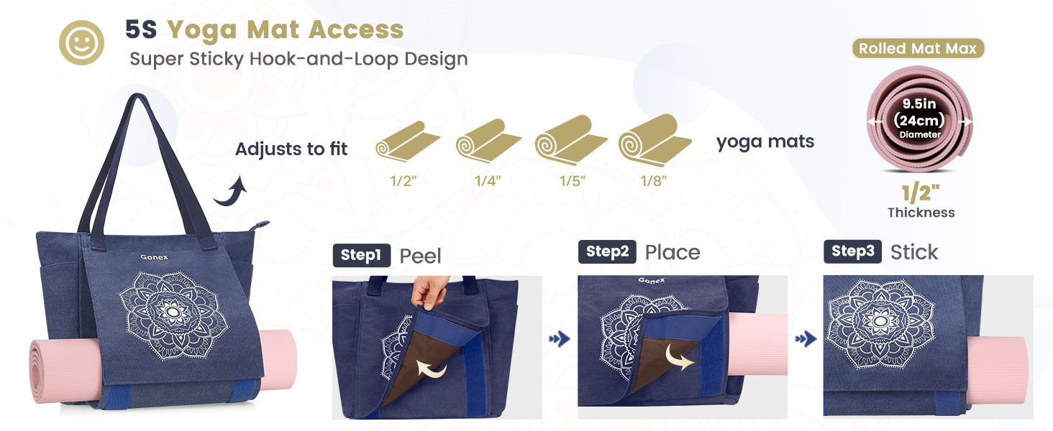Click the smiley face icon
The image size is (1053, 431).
click(x=81, y=42)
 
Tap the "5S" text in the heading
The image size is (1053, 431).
click(x=140, y=29)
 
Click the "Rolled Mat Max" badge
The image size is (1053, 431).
click(x=918, y=48)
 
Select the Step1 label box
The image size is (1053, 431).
click(x=362, y=255)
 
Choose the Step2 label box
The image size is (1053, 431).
click(x=607, y=251)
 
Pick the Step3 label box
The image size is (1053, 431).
click(x=853, y=251)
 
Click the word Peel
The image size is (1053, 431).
click(x=420, y=256)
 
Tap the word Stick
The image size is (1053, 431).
click(x=914, y=252)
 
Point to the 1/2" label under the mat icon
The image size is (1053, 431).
click(x=404, y=181)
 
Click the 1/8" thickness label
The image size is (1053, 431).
click(x=653, y=181)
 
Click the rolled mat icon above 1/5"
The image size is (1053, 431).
click(x=570, y=140)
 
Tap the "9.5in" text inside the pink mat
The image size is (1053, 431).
click(x=919, y=103)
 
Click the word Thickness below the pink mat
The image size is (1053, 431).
click(x=921, y=213)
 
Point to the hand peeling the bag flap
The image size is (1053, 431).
click(x=429, y=292)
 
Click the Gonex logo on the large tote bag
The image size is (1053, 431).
click(x=154, y=257)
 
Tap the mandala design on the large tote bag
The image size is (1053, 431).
click(x=173, y=315)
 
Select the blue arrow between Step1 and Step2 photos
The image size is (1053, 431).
click(x=560, y=339)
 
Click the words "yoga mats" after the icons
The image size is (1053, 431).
click(x=765, y=142)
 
